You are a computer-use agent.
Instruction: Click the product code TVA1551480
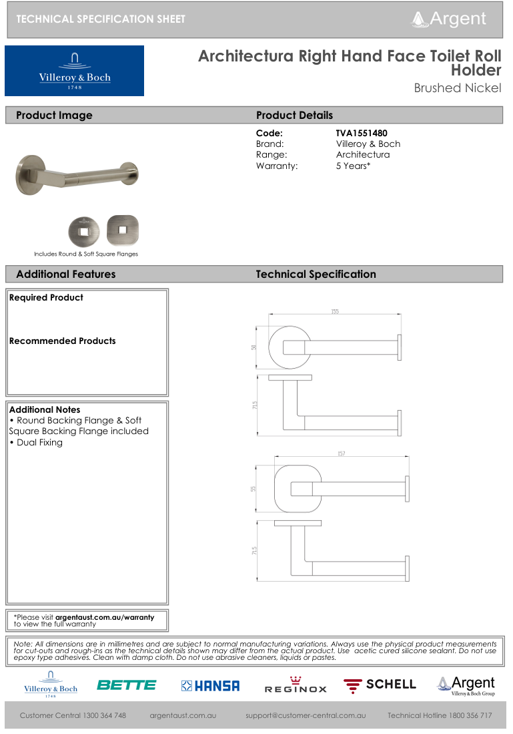(361, 133)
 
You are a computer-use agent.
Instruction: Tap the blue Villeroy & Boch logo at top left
(74, 71)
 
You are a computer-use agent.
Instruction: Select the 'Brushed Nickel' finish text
(457, 88)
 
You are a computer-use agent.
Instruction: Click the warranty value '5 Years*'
(352, 165)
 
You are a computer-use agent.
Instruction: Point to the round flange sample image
(85, 231)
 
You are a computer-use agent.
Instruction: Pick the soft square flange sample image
(122, 230)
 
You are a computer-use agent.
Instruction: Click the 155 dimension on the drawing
(334, 311)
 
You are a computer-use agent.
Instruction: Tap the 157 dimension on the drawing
(341, 454)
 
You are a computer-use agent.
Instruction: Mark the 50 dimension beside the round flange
(254, 347)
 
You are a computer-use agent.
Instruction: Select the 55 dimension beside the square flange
(253, 488)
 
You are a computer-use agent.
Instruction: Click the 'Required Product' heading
(46, 297)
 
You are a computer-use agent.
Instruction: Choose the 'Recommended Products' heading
(62, 341)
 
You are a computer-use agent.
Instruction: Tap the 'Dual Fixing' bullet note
(39, 442)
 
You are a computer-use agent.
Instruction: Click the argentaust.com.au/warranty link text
(104, 617)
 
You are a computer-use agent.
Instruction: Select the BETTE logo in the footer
(126, 685)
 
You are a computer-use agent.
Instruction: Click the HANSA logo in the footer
(210, 686)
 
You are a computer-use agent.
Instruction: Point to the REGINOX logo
(296, 686)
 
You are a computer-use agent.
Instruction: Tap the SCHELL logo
(380, 685)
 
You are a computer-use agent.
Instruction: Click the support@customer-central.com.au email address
(305, 715)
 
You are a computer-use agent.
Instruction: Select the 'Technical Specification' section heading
(316, 274)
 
